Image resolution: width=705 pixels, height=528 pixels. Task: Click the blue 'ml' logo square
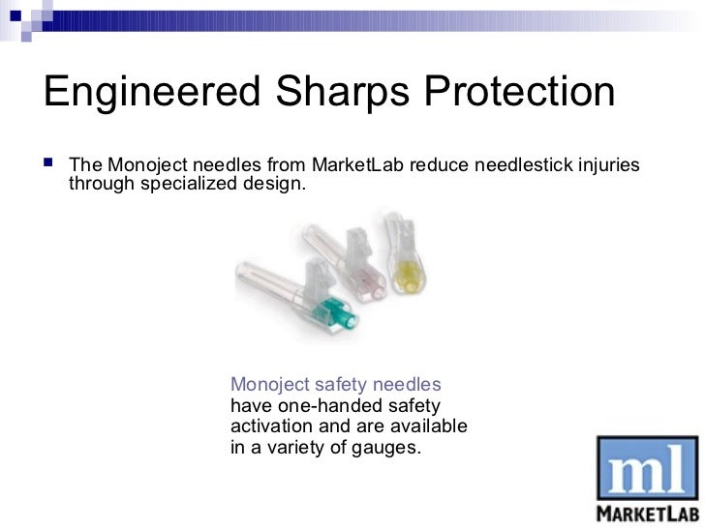641,468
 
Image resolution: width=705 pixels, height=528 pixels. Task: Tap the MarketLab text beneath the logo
641,511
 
